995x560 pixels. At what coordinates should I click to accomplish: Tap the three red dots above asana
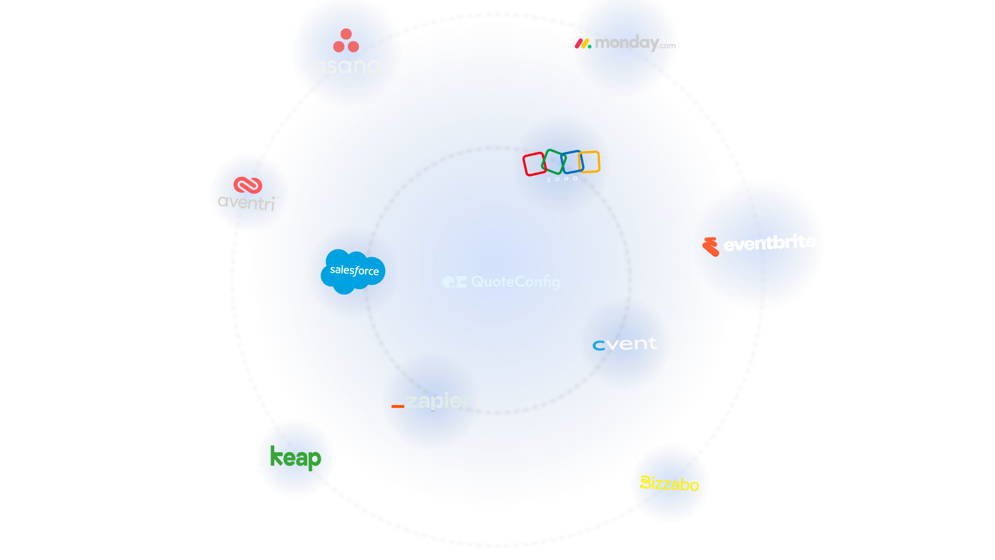(x=346, y=40)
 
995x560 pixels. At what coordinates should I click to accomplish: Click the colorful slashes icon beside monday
(x=583, y=44)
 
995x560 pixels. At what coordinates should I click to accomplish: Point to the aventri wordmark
(x=247, y=202)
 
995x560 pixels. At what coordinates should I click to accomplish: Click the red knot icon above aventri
(x=248, y=185)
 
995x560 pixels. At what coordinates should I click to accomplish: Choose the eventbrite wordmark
(x=770, y=243)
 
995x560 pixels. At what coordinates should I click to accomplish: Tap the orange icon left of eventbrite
(x=711, y=247)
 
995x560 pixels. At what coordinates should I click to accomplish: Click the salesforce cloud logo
(x=353, y=271)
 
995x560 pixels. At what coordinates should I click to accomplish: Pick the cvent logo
(x=624, y=344)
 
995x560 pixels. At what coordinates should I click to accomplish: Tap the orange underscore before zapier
(x=397, y=407)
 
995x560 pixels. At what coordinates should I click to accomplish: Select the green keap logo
(x=295, y=457)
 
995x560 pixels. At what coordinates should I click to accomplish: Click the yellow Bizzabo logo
(x=670, y=483)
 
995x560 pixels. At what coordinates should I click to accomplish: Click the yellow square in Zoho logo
(x=589, y=161)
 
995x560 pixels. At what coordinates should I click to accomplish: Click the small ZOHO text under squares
(x=562, y=179)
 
